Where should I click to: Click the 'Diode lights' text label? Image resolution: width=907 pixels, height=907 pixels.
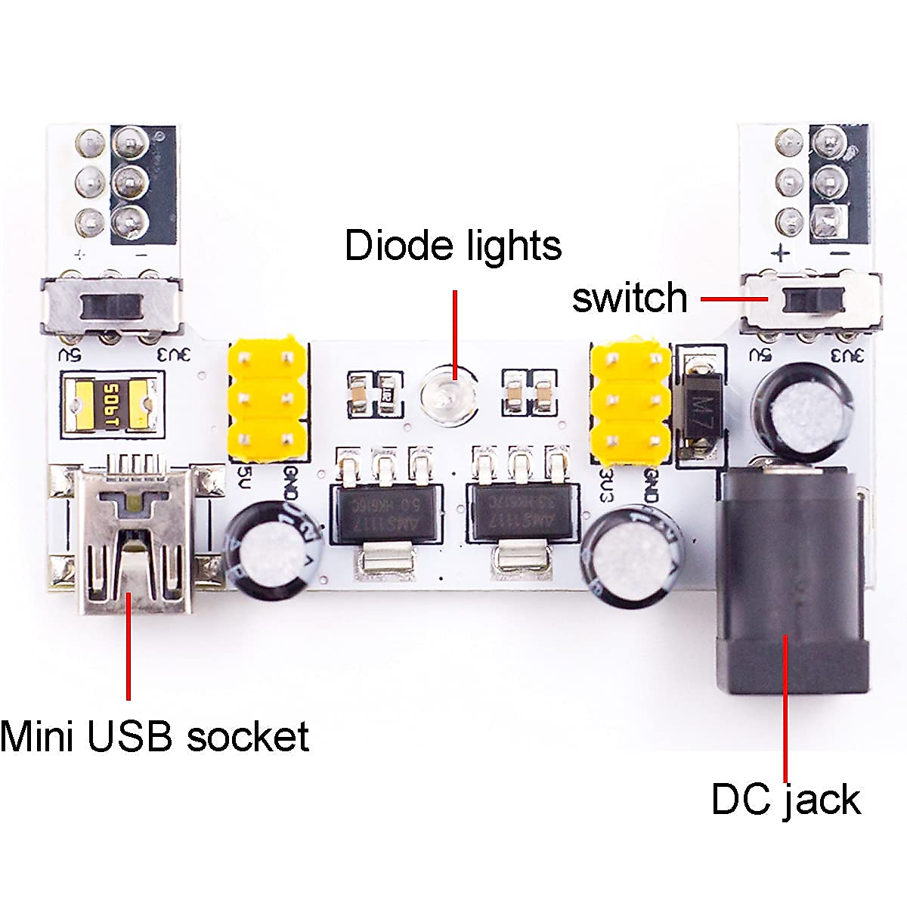tap(453, 246)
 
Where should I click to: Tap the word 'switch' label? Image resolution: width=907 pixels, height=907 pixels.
tap(630, 298)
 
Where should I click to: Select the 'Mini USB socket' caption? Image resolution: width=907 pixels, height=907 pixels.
tap(154, 735)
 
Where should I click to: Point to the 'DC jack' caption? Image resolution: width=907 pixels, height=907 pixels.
tap(785, 800)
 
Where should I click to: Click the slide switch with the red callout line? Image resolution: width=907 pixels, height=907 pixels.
tap(812, 301)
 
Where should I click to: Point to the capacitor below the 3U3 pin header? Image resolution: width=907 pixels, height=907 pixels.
tap(633, 557)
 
